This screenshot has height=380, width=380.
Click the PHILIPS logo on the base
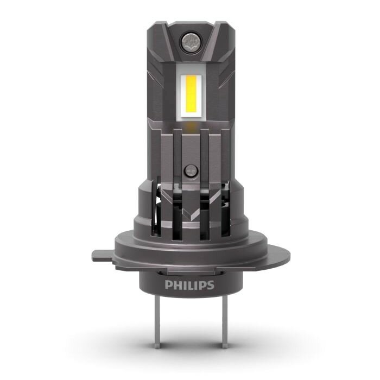[x=189, y=285]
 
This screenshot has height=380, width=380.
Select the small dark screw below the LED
[x=191, y=171]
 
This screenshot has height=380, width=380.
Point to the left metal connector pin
[x=157, y=322]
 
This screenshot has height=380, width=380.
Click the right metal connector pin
[x=224, y=322]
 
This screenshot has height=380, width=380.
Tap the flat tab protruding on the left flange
[x=102, y=256]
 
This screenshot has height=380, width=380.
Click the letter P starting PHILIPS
[x=168, y=285]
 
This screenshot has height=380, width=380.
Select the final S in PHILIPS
[x=211, y=285]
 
